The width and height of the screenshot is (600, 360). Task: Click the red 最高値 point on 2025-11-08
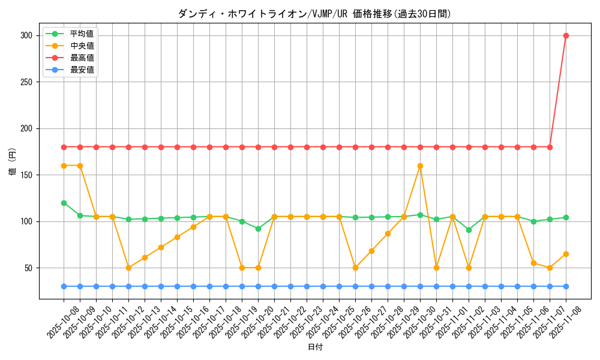(x=566, y=35)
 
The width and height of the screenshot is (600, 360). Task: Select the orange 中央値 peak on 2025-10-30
(x=420, y=166)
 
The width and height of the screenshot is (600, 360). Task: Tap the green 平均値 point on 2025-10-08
(x=64, y=203)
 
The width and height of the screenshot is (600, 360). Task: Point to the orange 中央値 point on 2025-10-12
(x=128, y=268)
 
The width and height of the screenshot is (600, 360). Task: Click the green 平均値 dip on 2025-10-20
(x=258, y=229)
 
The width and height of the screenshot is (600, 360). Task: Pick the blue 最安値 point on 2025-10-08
(x=64, y=286)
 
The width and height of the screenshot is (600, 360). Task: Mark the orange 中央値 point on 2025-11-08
(x=566, y=254)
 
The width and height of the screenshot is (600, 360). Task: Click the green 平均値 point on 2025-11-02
(x=469, y=230)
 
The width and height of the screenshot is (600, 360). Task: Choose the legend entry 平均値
(x=82, y=34)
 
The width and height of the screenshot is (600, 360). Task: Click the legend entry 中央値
(x=82, y=46)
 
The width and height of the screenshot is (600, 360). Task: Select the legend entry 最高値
(x=82, y=58)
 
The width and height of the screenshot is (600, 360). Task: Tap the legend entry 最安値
(x=82, y=70)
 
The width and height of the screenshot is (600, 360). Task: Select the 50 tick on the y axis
(x=30, y=268)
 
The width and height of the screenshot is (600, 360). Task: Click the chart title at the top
(x=314, y=14)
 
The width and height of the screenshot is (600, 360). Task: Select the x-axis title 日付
(x=314, y=347)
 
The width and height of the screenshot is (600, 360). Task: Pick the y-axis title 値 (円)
(x=13, y=161)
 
